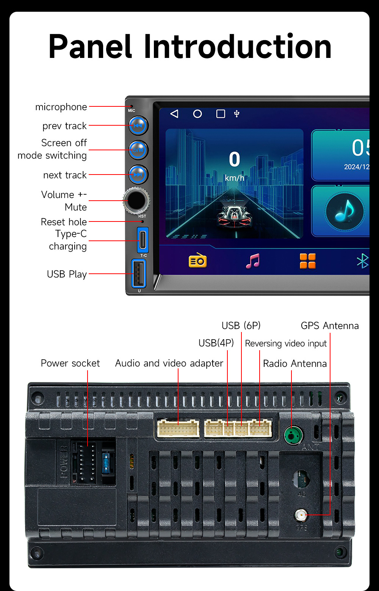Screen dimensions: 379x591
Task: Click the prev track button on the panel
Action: tap(138, 126)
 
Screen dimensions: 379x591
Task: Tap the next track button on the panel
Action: tap(138, 175)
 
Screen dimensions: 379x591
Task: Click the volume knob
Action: tap(136, 200)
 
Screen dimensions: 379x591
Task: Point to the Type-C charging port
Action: tap(143, 240)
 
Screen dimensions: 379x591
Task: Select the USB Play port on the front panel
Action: tap(138, 273)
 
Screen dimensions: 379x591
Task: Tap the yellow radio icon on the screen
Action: tap(197, 261)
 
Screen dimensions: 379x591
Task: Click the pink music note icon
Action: tap(253, 261)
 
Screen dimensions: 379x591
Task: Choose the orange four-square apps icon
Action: tap(307, 261)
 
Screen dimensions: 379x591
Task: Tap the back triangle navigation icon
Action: tap(174, 114)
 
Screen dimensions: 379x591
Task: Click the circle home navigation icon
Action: tap(197, 114)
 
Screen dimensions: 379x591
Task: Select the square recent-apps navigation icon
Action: tap(221, 114)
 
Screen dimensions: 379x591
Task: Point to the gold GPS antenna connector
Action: tap(301, 515)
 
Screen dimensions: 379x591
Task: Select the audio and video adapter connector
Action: tap(178, 429)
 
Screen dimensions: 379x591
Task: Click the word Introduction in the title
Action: tap(238, 47)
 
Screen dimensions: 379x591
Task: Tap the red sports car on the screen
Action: tap(234, 217)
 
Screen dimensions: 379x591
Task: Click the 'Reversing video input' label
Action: tap(286, 343)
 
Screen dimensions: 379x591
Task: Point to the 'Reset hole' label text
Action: tap(64, 222)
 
